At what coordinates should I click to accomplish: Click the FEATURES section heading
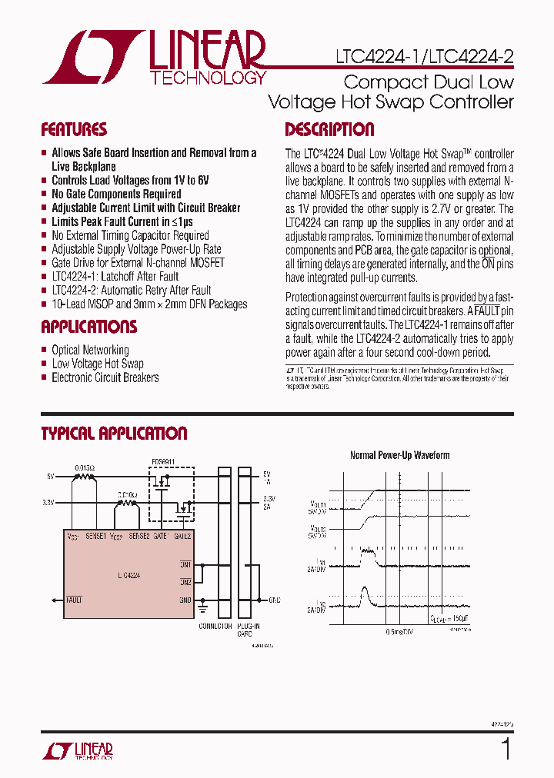click(74, 130)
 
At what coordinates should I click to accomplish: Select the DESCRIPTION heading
click(329, 130)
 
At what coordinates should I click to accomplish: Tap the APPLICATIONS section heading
click(88, 327)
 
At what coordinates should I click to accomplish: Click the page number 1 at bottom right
click(506, 748)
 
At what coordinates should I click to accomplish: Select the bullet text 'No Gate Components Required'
click(116, 194)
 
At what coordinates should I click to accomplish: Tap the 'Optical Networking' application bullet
click(90, 350)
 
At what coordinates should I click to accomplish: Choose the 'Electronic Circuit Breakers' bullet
click(105, 377)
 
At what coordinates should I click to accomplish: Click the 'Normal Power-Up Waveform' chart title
click(399, 455)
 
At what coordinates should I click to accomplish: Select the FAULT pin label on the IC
click(74, 600)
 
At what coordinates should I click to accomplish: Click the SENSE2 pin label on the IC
click(139, 535)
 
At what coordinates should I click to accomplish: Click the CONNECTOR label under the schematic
click(215, 627)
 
